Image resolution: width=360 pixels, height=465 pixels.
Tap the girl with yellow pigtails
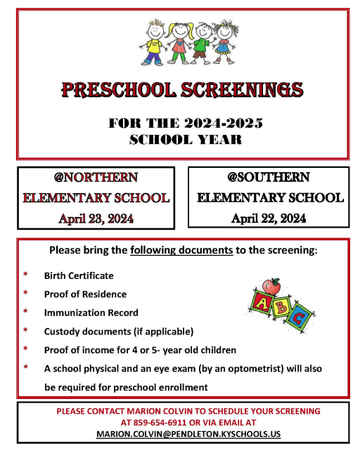180,41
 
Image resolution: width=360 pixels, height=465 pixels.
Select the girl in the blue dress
224,41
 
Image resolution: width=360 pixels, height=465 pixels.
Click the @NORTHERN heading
96,177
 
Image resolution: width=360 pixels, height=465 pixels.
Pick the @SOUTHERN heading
269,177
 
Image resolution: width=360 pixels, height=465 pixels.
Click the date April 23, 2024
96,218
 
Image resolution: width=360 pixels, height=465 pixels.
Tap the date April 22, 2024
269,218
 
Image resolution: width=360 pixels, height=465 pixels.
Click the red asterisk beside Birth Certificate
26,275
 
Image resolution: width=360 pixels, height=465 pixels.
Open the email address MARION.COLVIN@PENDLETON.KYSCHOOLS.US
188,434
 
